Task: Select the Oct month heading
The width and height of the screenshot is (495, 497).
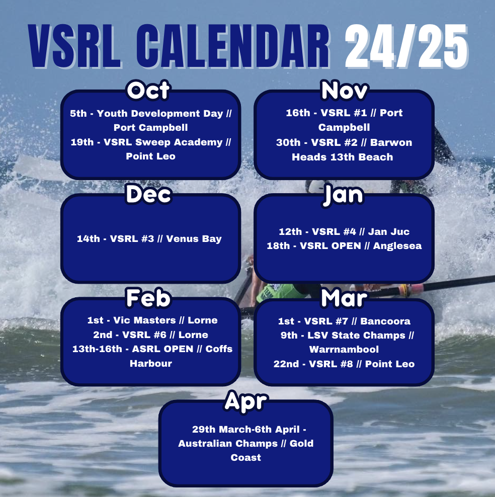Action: coord(148,91)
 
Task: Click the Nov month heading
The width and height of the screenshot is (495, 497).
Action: coord(345,90)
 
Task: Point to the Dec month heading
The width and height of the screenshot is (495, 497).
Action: coord(148,195)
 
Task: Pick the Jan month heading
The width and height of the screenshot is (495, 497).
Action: coord(344,195)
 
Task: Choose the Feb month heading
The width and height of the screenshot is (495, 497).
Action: coord(148,298)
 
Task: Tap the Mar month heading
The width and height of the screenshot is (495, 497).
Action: coord(344,298)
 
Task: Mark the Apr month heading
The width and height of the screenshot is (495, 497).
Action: coord(245,401)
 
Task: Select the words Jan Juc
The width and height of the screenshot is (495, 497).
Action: coord(389,231)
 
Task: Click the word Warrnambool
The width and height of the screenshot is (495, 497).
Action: coord(344,349)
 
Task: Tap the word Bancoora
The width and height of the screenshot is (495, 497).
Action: coord(386,321)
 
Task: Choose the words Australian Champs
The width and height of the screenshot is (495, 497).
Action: coord(228,444)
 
